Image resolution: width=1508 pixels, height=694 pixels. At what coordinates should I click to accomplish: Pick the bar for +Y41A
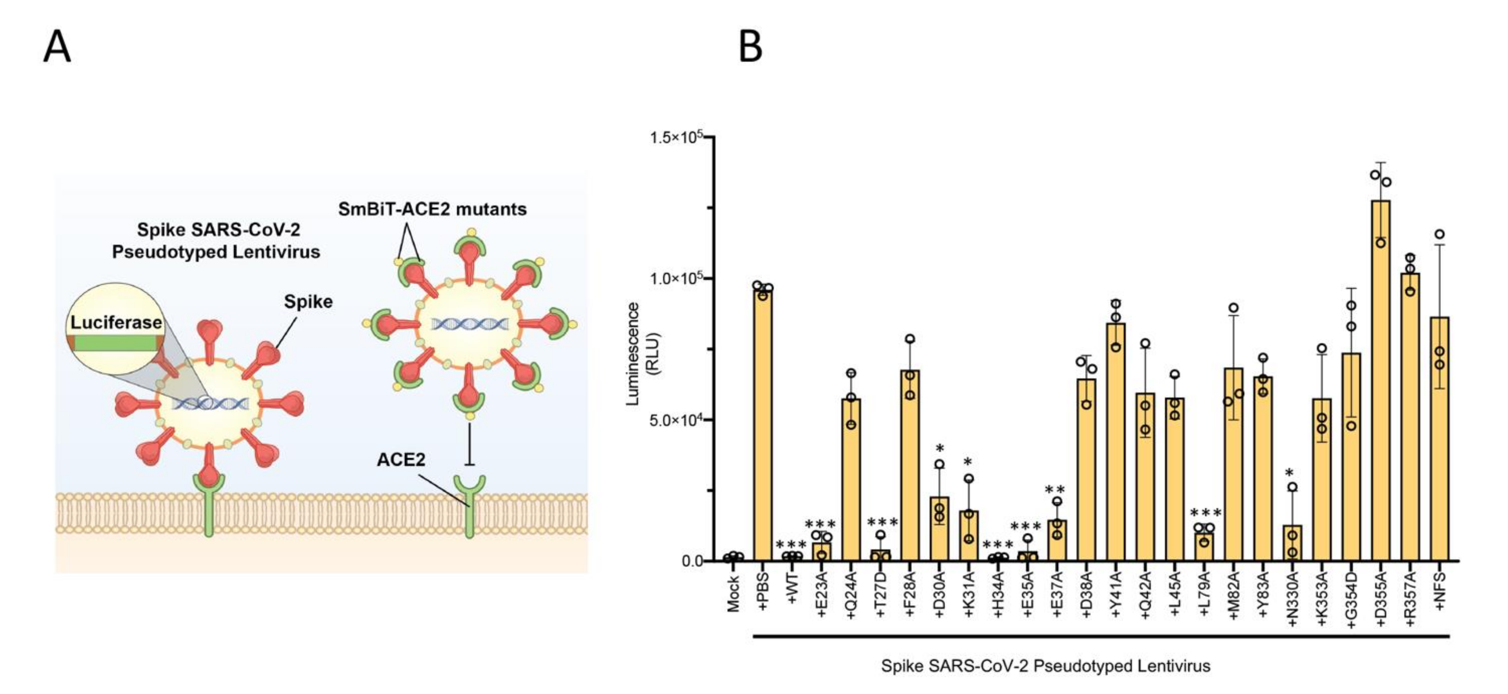pos(1116,442)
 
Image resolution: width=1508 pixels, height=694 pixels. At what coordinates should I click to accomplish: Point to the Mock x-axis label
pos(733,593)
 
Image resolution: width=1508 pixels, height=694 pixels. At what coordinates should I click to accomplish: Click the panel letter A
pos(58,47)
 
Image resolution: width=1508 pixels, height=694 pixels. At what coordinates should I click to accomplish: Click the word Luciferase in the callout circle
pos(116,323)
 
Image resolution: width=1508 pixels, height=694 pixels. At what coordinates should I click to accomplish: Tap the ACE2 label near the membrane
pos(401,460)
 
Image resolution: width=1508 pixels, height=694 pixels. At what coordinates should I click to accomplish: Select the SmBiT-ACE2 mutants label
pos(433,209)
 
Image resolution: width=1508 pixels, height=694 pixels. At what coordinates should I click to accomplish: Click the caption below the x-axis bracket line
pos(1045,666)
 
